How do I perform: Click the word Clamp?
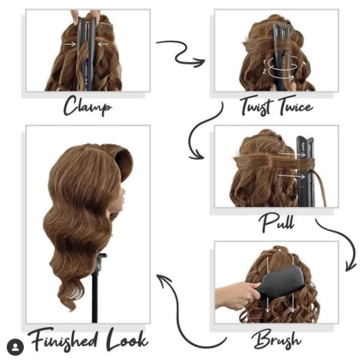[x=88, y=106]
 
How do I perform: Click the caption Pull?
[x=277, y=222]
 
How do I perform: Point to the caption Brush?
[x=276, y=339]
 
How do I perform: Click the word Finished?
[x=62, y=340]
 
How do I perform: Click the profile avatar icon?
[x=15, y=347]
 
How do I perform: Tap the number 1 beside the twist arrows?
[x=264, y=62]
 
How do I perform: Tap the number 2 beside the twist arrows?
[x=264, y=71]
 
